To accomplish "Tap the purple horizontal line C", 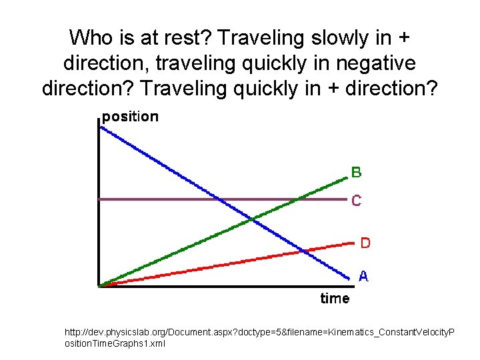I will coord(153,199).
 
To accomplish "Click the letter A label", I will coord(364,275).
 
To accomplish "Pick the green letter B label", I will coord(357,173).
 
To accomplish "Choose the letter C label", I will coord(357,200).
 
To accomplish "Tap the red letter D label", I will coord(365,243).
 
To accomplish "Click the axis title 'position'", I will coord(130,117).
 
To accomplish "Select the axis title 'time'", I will coord(335,298).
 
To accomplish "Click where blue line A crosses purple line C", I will coord(217,199).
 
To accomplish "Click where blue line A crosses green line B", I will coord(251,219).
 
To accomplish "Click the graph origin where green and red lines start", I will coord(99,286).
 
